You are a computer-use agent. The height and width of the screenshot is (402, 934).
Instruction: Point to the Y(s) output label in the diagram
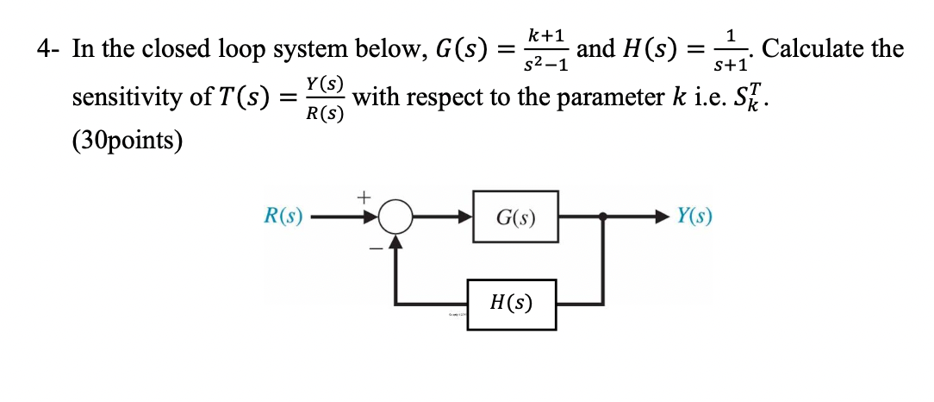[694, 217]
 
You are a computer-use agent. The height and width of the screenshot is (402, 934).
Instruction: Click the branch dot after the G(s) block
[602, 218]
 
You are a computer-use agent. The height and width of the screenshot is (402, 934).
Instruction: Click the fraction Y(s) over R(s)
[325, 97]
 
